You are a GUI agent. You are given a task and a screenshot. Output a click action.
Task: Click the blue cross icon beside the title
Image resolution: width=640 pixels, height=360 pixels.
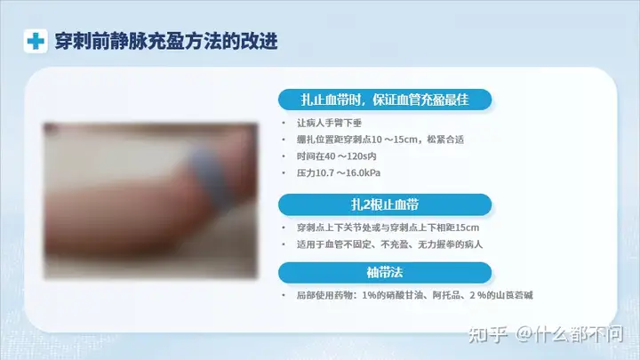click(x=36, y=41)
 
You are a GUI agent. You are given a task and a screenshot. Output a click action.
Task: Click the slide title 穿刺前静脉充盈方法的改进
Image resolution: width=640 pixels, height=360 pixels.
click(x=166, y=41)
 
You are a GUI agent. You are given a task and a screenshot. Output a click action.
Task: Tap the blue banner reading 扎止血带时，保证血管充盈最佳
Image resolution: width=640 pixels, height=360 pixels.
click(x=385, y=100)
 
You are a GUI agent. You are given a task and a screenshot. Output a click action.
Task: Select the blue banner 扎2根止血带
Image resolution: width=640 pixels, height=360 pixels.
click(x=385, y=204)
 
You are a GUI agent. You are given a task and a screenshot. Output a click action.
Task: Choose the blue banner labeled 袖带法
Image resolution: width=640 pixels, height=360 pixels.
click(x=385, y=273)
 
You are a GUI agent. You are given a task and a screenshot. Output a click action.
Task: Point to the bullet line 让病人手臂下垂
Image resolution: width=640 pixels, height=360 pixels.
click(x=329, y=123)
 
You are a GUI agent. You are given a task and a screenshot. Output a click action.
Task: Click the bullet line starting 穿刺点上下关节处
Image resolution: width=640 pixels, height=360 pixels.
click(x=388, y=228)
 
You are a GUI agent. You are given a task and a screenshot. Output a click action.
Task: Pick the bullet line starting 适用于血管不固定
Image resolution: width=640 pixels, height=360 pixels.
click(x=390, y=244)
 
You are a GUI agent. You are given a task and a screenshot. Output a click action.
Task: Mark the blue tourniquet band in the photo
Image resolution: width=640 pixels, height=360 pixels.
click(x=208, y=180)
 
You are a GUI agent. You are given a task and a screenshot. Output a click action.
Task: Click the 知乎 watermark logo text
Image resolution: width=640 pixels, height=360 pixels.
click(x=488, y=335)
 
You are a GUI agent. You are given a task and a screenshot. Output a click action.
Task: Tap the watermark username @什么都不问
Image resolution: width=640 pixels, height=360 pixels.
click(x=570, y=335)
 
